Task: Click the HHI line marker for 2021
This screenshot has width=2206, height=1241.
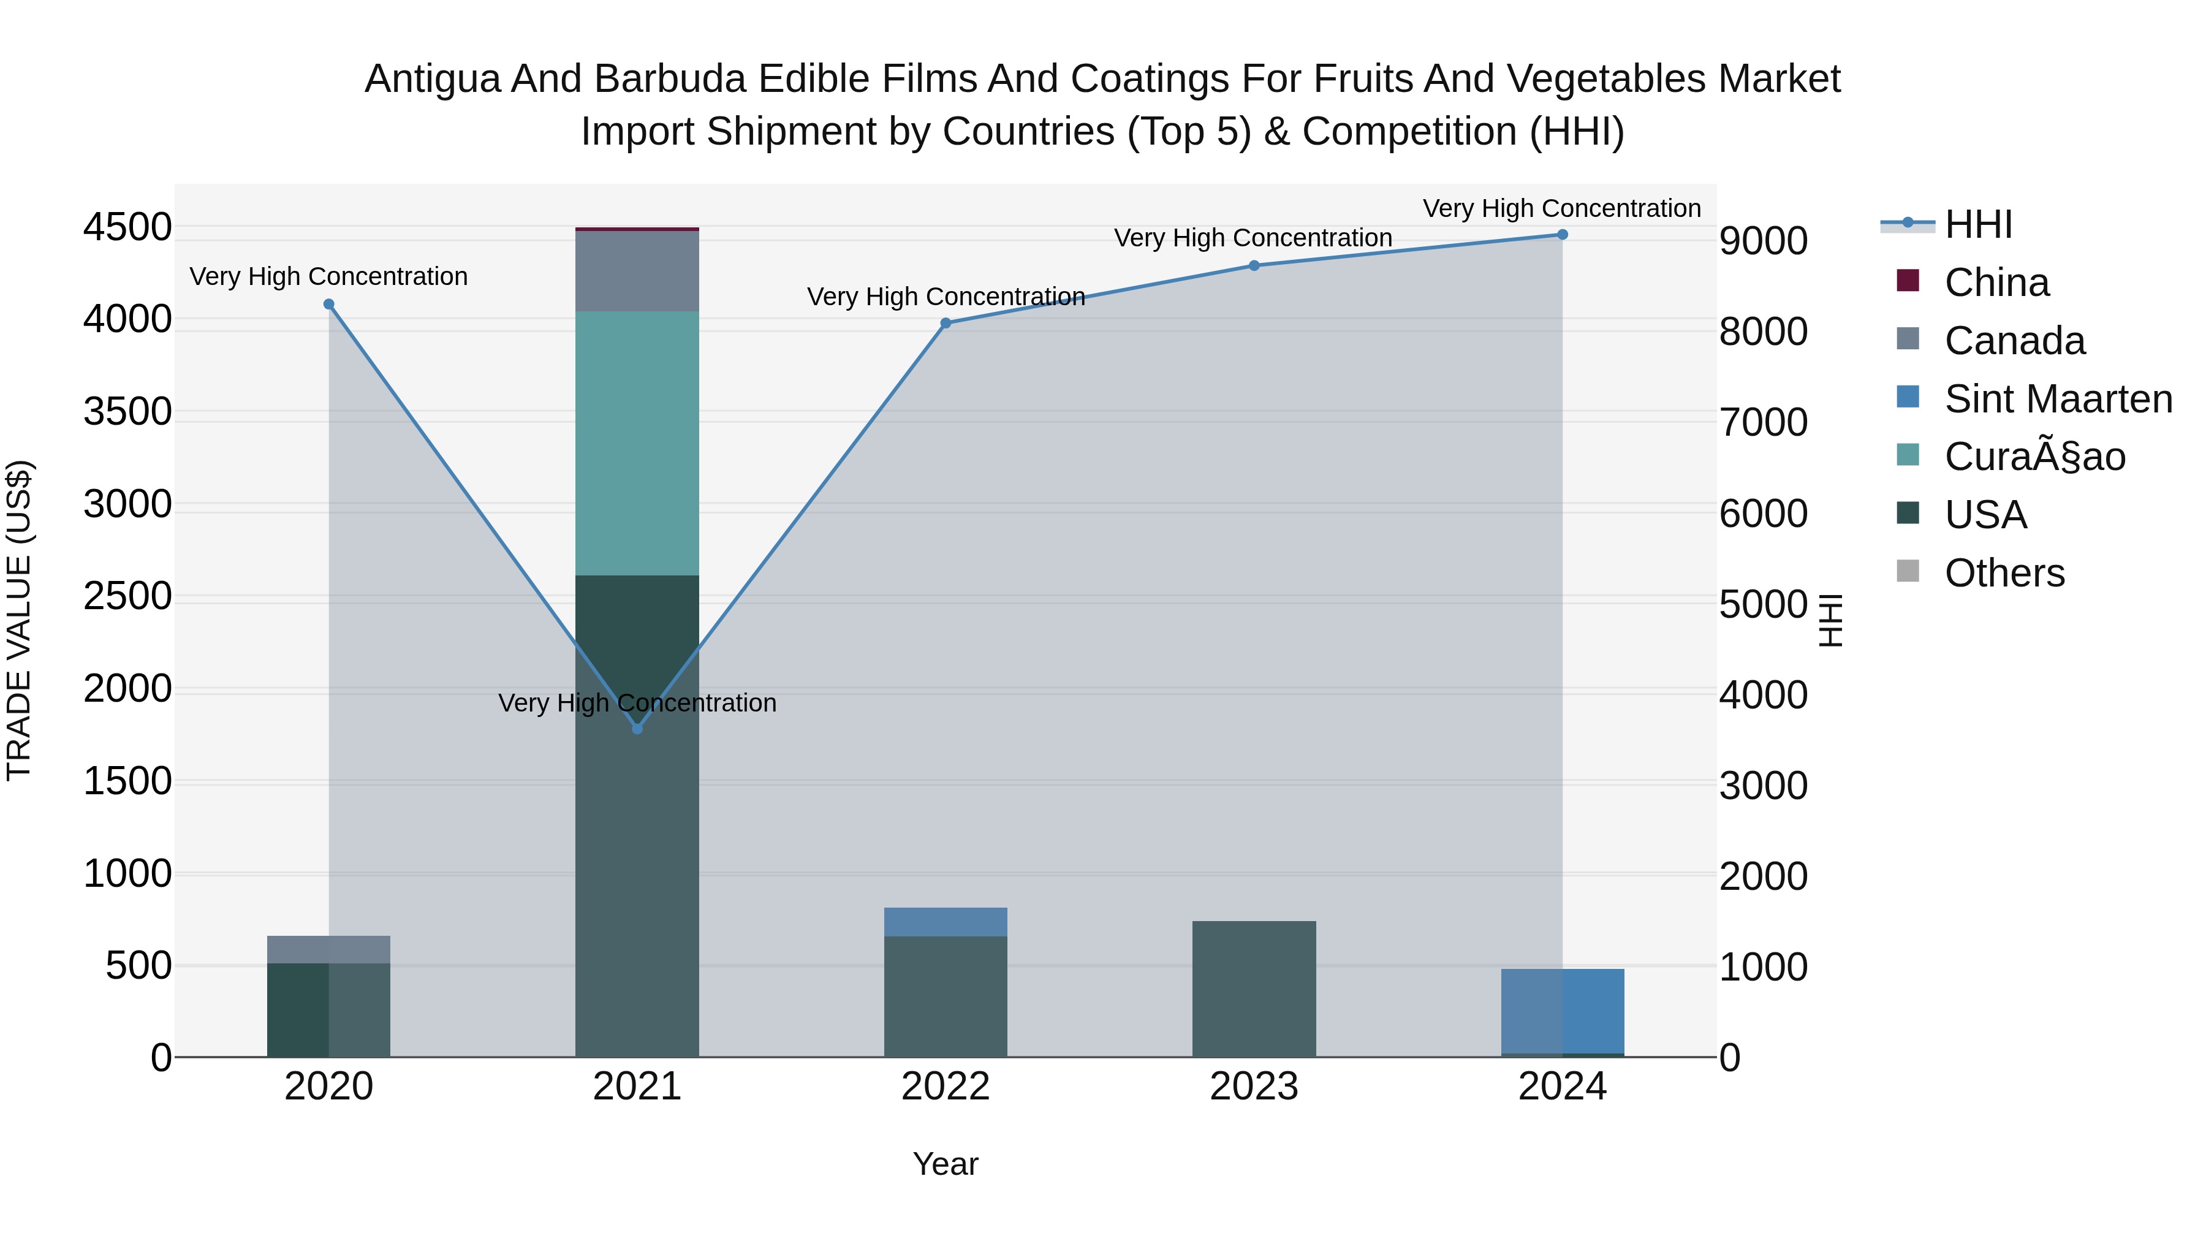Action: [637, 729]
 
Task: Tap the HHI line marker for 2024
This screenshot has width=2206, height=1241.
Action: [1562, 235]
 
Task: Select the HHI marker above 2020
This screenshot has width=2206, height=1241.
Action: [329, 304]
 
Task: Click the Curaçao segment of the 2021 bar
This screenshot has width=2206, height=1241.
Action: [637, 443]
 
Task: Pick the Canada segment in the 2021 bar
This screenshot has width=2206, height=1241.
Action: [637, 271]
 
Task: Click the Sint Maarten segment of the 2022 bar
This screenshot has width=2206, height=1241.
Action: [946, 922]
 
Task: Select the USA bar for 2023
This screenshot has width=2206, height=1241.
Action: [1254, 989]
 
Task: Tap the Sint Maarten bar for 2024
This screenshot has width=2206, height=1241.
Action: [1562, 1011]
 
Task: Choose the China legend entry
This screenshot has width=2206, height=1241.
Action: [1996, 283]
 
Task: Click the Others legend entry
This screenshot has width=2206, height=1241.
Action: [2004, 573]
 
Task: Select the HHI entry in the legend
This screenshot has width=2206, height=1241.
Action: [1978, 224]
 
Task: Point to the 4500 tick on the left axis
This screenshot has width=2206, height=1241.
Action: [127, 228]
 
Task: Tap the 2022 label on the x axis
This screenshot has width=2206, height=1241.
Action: [946, 1087]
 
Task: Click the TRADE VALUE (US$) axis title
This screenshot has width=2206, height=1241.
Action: [19, 620]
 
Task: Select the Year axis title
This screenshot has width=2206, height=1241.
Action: [946, 1164]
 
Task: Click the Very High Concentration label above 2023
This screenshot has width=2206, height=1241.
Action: [1253, 238]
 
